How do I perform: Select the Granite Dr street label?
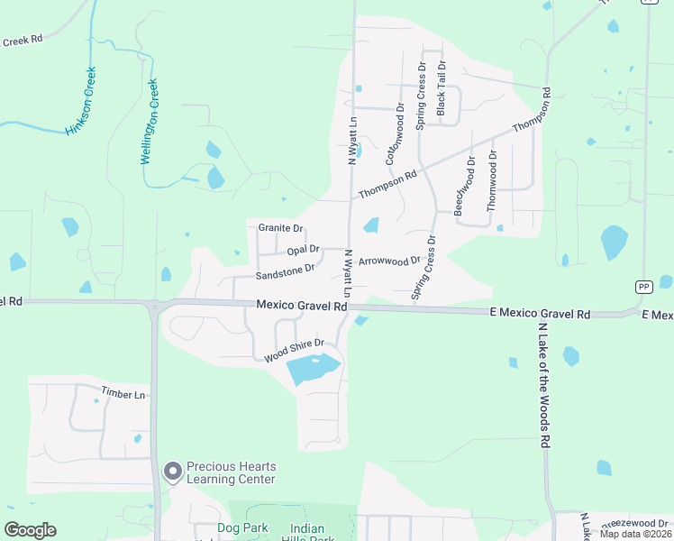pyautogui.click(x=280, y=228)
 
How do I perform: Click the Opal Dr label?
pyautogui.click(x=303, y=249)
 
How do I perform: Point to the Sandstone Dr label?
pyautogui.click(x=285, y=270)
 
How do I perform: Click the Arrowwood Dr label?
pyautogui.click(x=389, y=261)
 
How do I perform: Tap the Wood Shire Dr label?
pyautogui.click(x=294, y=350)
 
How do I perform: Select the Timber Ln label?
pyautogui.click(x=123, y=394)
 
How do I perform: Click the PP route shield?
pyautogui.click(x=643, y=287)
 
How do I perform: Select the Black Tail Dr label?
pyautogui.click(x=442, y=88)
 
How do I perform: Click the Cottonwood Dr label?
pyautogui.click(x=395, y=133)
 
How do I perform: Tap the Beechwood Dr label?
pyautogui.click(x=463, y=185)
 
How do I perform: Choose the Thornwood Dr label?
pyautogui.click(x=492, y=180)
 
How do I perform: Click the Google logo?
pyautogui.click(x=31, y=530)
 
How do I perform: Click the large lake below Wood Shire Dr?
pyautogui.click(x=312, y=369)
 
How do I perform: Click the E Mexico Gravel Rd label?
pyautogui.click(x=540, y=314)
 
